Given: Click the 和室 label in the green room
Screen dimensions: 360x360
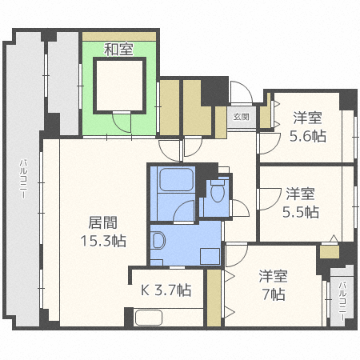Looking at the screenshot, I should click(118, 50).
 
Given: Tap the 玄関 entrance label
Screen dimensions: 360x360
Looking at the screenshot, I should click(240, 117).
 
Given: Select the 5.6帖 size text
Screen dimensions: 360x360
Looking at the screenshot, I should click(308, 126).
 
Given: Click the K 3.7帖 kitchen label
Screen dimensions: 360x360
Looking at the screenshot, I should click(166, 290).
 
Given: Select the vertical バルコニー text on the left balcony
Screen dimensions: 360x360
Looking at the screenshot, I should click(24, 183).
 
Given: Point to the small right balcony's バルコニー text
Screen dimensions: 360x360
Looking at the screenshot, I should click(342, 301).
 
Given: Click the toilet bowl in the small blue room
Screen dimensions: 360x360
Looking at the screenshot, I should click(217, 191).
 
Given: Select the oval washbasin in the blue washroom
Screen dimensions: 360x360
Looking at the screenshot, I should click(158, 240).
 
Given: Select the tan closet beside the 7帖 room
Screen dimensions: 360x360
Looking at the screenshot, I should click(214, 298).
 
